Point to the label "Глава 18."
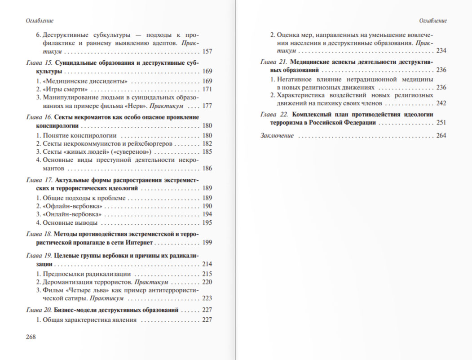coord(40,234)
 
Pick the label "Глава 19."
coord(40,255)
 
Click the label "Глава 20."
coord(40,310)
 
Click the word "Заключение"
coord(277,136)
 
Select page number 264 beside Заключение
coord(441,136)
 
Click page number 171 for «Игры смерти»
coord(207,89)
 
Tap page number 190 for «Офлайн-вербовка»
coord(207,206)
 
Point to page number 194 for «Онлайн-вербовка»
coord(207,214)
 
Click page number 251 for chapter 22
coord(441,123)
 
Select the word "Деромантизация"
coord(64,282)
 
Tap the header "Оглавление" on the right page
coord(433,21)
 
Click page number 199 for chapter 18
coord(207,243)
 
